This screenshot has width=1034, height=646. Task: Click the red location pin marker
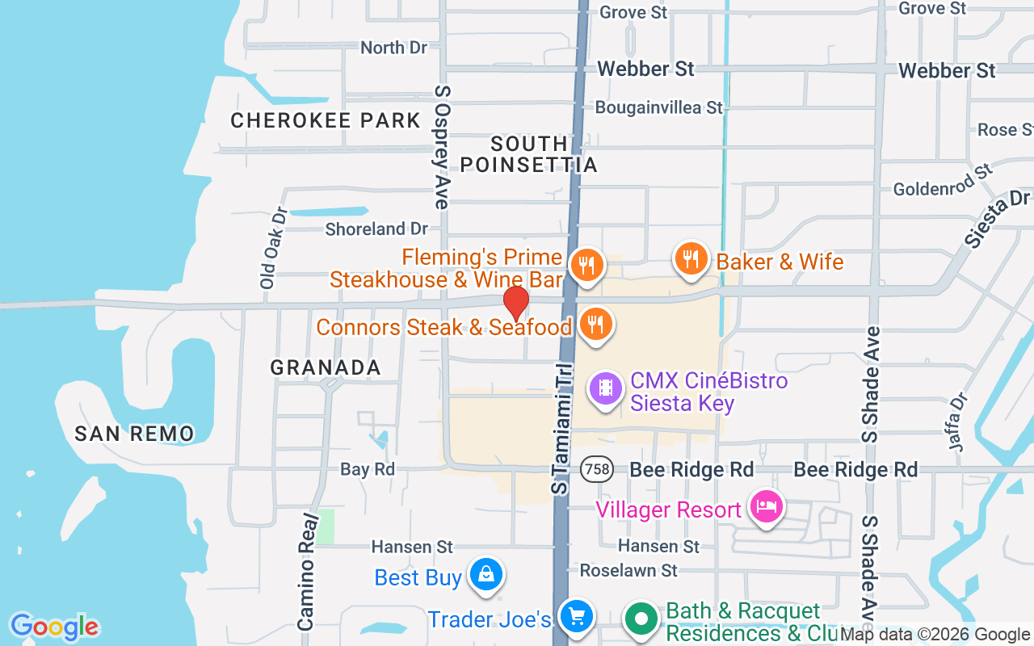516,303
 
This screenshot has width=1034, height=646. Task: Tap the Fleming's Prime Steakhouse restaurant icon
586,264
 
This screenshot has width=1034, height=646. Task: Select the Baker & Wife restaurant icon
690,258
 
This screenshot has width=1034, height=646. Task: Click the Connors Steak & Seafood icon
595,324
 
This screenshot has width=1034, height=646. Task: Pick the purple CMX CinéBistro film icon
606,388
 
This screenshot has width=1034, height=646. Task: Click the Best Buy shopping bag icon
485,574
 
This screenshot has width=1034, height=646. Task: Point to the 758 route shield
595,469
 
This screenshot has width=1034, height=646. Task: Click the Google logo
54,627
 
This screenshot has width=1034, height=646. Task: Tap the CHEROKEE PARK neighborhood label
326,121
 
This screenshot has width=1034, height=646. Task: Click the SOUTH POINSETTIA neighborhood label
529,154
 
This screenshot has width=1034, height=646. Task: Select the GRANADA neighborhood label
326,367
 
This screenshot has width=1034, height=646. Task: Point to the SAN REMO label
134,434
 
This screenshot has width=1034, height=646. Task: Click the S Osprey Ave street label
442,147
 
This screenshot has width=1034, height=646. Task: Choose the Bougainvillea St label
659,107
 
